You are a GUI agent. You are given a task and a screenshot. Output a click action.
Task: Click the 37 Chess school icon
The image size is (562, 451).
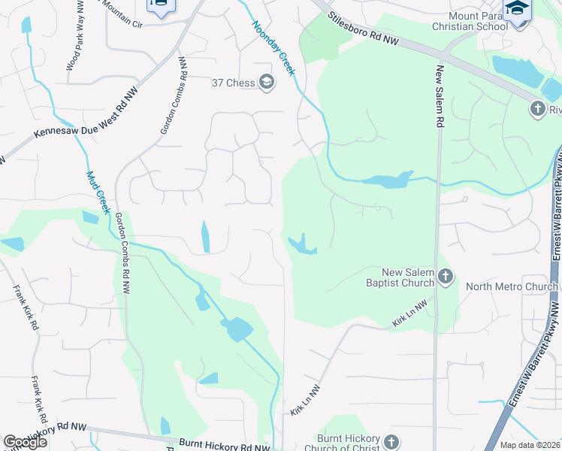266,82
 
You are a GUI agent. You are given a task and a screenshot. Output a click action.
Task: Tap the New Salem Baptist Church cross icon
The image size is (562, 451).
445,277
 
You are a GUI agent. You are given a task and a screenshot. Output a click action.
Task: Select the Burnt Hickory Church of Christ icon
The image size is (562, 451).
391,441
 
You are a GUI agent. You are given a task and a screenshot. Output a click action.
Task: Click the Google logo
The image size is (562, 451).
25,442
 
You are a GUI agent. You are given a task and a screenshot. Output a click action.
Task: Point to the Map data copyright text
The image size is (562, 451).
530,445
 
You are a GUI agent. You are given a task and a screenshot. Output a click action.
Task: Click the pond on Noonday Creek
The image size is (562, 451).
388,180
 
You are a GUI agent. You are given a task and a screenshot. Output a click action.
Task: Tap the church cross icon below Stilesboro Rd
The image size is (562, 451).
538,110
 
